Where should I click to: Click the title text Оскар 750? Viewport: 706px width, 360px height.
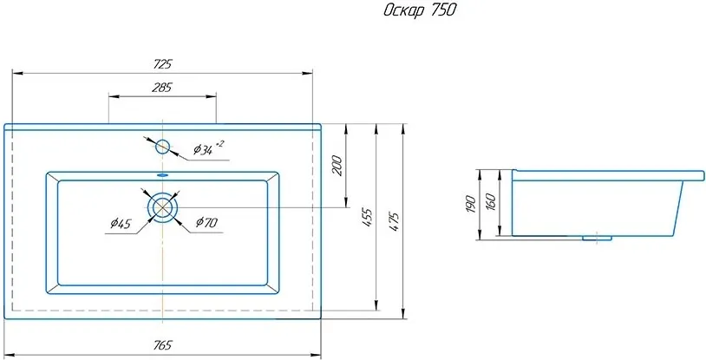pyautogui.click(x=419, y=10)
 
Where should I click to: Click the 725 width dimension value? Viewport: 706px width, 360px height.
pyautogui.click(x=162, y=64)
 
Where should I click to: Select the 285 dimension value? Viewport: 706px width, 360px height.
pyautogui.click(x=162, y=88)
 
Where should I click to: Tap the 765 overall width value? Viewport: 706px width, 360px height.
pyautogui.click(x=162, y=345)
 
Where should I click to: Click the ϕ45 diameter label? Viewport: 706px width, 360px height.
pyautogui.click(x=121, y=223)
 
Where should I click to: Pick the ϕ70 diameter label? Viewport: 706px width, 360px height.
pyautogui.click(x=206, y=222)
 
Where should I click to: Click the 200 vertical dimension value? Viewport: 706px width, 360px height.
pyautogui.click(x=337, y=166)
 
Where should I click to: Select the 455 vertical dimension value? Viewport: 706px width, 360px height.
pyautogui.click(x=368, y=217)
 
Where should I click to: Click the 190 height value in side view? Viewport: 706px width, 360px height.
pyautogui.click(x=471, y=204)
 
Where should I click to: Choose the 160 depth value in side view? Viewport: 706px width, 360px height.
pyautogui.click(x=491, y=201)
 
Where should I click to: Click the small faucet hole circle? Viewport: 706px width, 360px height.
pyautogui.click(x=162, y=147)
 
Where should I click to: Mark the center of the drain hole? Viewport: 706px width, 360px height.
pyautogui.click(x=162, y=207)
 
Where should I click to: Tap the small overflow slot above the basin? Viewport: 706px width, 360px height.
pyautogui.click(x=162, y=175)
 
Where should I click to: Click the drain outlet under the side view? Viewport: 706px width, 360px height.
pyautogui.click(x=597, y=238)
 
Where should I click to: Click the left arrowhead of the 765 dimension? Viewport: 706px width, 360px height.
pyautogui.click(x=10, y=354)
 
